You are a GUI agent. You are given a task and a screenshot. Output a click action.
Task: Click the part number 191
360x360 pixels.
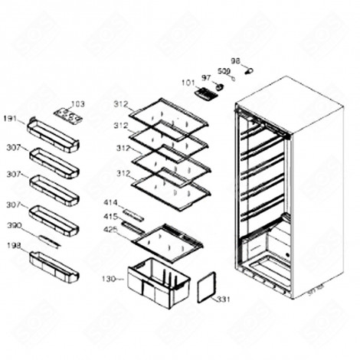pyautogui.click(x=10, y=119)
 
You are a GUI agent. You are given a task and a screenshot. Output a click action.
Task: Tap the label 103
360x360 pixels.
pyautogui.click(x=78, y=104)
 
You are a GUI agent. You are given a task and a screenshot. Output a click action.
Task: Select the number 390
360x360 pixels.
pyautogui.click(x=13, y=226)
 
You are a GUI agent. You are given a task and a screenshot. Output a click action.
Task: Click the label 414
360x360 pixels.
pyautogui.click(x=110, y=202)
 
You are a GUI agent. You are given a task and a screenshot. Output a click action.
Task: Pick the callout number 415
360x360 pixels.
pyautogui.click(x=110, y=216)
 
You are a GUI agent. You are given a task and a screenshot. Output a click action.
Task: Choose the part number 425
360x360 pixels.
pyautogui.click(x=110, y=229)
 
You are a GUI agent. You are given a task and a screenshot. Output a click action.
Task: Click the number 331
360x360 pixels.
pyautogui.click(x=223, y=299)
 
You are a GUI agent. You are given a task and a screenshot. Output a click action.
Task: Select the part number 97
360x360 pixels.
pyautogui.click(x=206, y=77)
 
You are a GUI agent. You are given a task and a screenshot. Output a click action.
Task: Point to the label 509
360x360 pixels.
pyautogui.click(x=223, y=71)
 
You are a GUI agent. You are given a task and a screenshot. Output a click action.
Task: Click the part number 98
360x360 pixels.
pyautogui.click(x=236, y=61)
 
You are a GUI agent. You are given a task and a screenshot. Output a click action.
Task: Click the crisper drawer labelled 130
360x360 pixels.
pyautogui.click(x=157, y=281)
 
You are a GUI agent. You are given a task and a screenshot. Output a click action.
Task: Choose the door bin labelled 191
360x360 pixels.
pyautogui.click(x=53, y=135)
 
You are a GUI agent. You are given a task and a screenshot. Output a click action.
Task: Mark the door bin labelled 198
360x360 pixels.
pyautogui.click(x=54, y=267)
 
